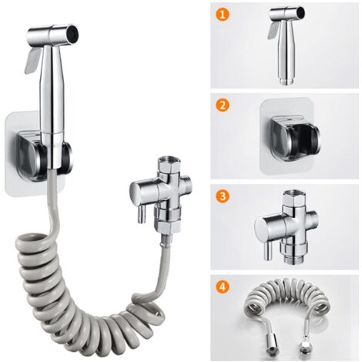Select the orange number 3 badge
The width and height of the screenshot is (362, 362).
(223, 196)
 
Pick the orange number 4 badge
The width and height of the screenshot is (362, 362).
(223, 289)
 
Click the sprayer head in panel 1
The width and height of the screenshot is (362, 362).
(283, 42)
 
